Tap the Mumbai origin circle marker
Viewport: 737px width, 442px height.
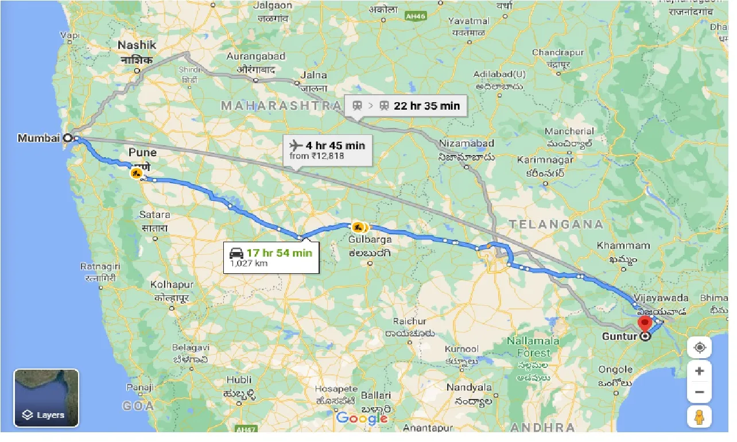click(67, 138)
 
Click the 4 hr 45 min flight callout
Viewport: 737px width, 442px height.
click(328, 149)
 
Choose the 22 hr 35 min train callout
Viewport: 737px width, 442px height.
click(406, 106)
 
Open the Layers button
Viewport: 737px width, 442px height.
click(46, 398)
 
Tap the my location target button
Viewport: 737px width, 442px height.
click(699, 348)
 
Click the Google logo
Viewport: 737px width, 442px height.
click(362, 418)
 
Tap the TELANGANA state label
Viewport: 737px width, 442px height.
click(555, 224)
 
